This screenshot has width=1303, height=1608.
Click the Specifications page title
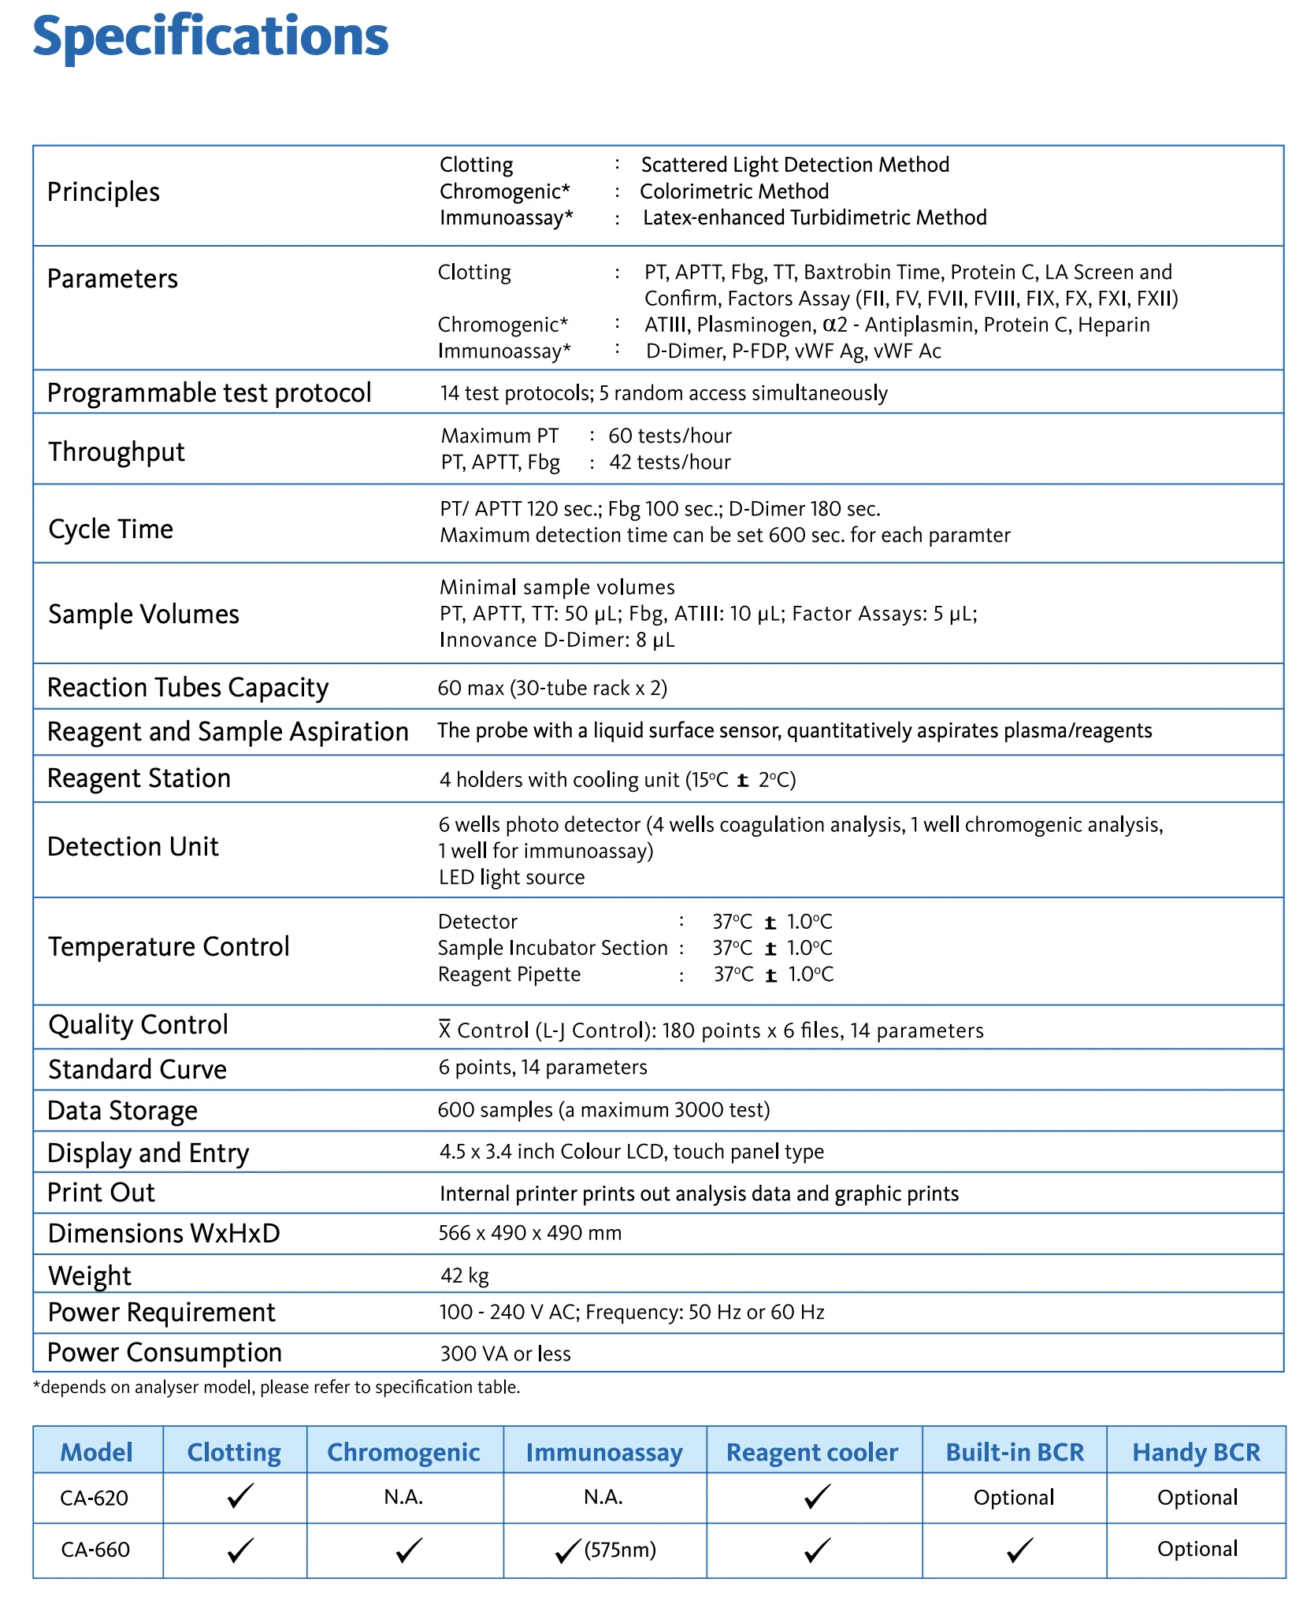pyautogui.click(x=210, y=37)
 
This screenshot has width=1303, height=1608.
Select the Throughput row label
pyautogui.click(x=117, y=452)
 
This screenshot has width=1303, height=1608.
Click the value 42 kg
pyautogui.click(x=465, y=1275)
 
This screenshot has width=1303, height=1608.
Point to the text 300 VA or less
pyautogui.click(x=505, y=1354)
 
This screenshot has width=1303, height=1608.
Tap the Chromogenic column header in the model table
pyautogui.click(x=403, y=1452)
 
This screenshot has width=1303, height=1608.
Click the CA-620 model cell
pyautogui.click(x=95, y=1498)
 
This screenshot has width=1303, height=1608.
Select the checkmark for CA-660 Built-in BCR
pyautogui.click(x=1019, y=1550)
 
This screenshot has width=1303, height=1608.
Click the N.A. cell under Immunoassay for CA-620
pyautogui.click(x=603, y=1497)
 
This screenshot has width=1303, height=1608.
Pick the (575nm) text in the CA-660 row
pyautogui.click(x=621, y=1550)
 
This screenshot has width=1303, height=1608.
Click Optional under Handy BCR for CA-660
pyautogui.click(x=1197, y=1549)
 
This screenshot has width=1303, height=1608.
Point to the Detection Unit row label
pyautogui.click(x=133, y=847)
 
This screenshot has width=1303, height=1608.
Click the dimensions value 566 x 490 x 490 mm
pyautogui.click(x=529, y=1233)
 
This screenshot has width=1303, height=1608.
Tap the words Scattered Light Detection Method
pyautogui.click(x=795, y=165)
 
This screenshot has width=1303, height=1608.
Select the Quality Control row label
pyautogui.click(x=138, y=1025)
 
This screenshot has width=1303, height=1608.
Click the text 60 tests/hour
pyautogui.click(x=670, y=436)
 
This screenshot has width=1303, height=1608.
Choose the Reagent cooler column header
pyautogui.click(x=811, y=1452)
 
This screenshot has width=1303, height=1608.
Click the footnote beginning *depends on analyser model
pyautogui.click(x=277, y=1387)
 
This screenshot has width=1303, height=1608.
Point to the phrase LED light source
pyautogui.click(x=511, y=878)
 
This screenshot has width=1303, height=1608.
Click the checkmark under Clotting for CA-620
pyautogui.click(x=239, y=1496)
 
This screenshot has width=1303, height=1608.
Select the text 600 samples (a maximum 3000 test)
pyautogui.click(x=604, y=1110)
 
